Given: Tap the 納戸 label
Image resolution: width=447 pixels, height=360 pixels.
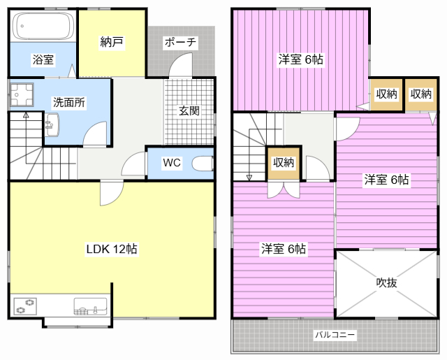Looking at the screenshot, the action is point(112,42).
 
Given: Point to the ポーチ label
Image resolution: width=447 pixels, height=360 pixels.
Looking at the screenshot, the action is point(180,42).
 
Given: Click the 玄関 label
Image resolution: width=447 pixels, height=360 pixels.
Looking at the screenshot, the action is point(189,110).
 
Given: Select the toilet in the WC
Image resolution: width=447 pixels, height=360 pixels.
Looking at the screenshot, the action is point(203,164).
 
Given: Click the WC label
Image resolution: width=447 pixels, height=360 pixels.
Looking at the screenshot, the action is point(172,163).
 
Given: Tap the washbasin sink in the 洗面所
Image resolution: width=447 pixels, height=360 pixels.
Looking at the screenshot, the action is point(52,124).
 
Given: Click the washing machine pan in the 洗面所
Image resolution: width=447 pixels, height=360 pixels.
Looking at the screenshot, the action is point(22,94).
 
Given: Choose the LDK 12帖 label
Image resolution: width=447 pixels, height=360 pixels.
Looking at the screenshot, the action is point(112,249).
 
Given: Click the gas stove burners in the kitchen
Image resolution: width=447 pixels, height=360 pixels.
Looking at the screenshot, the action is point(26,306).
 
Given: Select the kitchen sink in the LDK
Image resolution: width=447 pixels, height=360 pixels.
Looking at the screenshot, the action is point(91,306).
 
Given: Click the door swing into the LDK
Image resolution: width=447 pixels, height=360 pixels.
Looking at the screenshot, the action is point(112,193).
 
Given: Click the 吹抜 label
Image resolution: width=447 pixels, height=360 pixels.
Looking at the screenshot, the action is point(386,282).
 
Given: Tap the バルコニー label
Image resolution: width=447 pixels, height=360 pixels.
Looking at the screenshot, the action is point(335,335).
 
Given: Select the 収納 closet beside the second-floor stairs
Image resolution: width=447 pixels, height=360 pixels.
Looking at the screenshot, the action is point(284,163).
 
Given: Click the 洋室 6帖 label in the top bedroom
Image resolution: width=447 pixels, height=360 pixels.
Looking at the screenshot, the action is point(301,59).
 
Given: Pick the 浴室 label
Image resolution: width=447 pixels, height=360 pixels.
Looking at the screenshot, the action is point(43,60).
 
